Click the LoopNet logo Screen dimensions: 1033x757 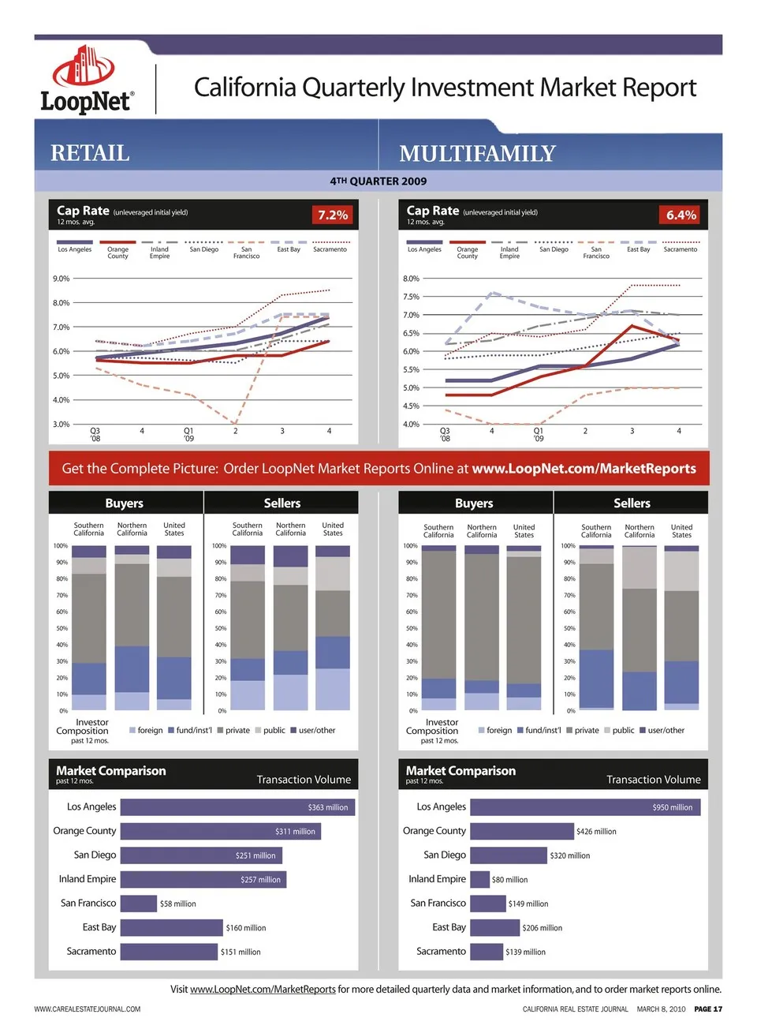click(x=87, y=80)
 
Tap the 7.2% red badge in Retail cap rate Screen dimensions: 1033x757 click(x=333, y=215)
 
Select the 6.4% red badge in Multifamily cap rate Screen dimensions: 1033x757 click(x=681, y=215)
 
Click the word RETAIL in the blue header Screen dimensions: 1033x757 click(x=90, y=153)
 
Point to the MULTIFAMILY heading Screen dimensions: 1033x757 click(x=477, y=153)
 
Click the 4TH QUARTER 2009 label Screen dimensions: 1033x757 click(x=378, y=182)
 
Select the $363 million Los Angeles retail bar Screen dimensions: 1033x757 click(x=237, y=807)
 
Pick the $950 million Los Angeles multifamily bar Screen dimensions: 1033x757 click(x=585, y=807)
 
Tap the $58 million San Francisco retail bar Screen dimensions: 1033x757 click(x=139, y=904)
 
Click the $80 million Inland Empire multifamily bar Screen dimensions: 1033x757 click(x=479, y=879)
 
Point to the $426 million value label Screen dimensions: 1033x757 click(x=596, y=832)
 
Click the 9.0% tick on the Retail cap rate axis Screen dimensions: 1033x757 click(x=62, y=279)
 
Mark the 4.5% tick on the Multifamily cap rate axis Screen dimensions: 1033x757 click(x=411, y=406)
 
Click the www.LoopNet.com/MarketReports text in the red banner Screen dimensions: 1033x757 click(x=584, y=469)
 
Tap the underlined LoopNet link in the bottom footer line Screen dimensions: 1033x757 click(x=263, y=990)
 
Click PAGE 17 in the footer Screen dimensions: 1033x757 click(x=708, y=1009)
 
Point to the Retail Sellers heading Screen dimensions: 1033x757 click(x=282, y=503)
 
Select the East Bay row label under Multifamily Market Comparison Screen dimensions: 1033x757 click(x=449, y=927)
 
